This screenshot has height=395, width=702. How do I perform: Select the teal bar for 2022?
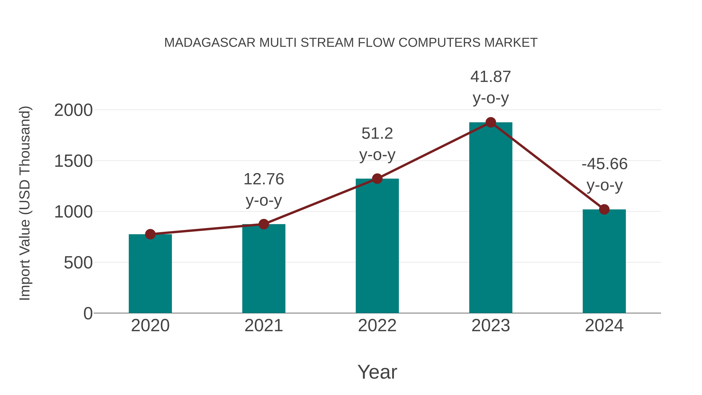tap(377, 246)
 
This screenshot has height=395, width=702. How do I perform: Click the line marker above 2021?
tap(263, 224)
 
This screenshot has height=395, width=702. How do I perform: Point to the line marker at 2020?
tap(150, 234)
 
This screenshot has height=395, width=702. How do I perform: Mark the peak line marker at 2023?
tap(491, 122)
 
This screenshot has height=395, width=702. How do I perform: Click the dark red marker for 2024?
tap(604, 209)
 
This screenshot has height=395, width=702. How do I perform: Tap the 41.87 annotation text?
tap(491, 77)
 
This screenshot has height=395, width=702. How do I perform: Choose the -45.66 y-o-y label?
tap(604, 164)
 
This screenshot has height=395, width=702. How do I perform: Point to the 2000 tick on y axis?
tap(73, 110)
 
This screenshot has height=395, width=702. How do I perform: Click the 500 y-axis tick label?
tap(78, 263)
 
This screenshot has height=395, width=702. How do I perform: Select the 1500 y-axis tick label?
tap(73, 161)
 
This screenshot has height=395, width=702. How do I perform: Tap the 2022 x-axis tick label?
tap(377, 326)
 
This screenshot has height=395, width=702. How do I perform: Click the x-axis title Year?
tap(377, 372)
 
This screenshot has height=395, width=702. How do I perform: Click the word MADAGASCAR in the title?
tap(210, 43)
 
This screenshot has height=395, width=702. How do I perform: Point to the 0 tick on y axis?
tap(88, 313)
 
